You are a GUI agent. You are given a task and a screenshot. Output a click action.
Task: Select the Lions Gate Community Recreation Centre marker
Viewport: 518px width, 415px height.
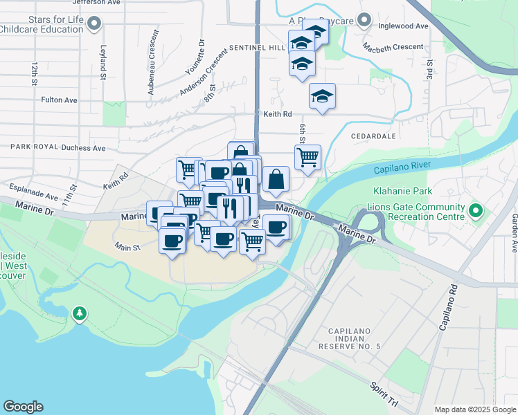(475, 210)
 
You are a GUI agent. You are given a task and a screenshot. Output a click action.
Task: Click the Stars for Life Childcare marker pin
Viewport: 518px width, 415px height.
(96, 25)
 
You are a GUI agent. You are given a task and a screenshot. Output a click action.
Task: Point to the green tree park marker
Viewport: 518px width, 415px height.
(80, 314)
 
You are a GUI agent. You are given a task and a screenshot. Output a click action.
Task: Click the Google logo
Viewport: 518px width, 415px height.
(23, 407)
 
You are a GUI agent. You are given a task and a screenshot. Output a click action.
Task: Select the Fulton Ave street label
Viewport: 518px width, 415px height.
(59, 100)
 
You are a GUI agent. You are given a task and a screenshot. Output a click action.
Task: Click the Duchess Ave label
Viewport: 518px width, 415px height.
(83, 147)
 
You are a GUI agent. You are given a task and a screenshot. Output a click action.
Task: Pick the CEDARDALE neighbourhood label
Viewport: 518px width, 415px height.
(373, 136)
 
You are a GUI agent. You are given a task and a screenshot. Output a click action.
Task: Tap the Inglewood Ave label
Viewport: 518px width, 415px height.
(404, 26)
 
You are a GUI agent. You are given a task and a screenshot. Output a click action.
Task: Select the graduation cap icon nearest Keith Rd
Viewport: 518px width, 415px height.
(322, 95)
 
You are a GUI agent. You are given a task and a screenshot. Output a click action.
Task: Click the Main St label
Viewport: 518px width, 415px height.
(127, 246)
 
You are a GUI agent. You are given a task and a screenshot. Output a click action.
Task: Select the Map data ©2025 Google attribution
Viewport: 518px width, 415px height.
(474, 409)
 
